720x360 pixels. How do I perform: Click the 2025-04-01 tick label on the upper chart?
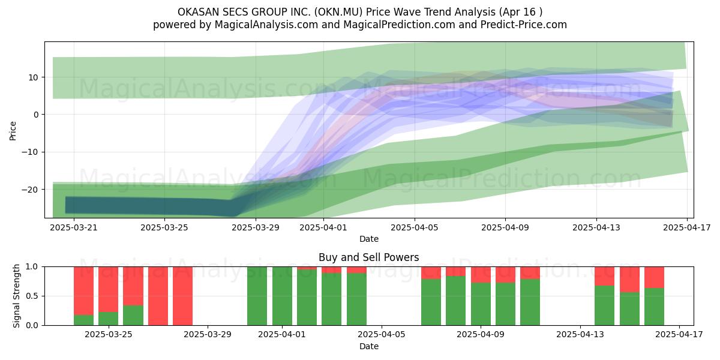[323, 227]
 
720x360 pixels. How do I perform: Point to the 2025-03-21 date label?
[74, 227]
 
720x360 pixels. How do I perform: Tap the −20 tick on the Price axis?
[30, 190]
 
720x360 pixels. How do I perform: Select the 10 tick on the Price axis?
[33, 77]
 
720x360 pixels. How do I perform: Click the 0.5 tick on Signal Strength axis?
[32, 296]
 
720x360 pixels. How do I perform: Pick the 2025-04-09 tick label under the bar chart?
[481, 335]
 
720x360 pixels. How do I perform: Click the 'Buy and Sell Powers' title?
[368, 257]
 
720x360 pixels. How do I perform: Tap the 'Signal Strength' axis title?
[16, 296]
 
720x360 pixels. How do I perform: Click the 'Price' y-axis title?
[13, 131]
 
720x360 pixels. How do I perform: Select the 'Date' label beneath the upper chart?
[368, 239]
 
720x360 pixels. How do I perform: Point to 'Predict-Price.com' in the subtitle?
[524, 25]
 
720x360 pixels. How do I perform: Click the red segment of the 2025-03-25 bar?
[109, 289]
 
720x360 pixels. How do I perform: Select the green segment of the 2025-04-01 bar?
[282, 296]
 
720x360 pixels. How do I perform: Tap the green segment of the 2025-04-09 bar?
[481, 304]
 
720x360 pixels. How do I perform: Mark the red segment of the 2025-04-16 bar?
[654, 277]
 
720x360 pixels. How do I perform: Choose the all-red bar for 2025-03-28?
[182, 296]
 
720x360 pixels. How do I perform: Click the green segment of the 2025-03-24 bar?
[83, 320]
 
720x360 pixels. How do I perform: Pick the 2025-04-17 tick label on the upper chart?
[687, 227]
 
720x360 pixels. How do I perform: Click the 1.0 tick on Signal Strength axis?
[32, 267]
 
